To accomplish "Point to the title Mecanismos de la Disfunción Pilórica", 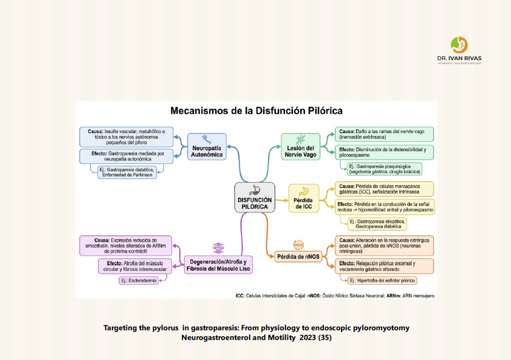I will (256, 111).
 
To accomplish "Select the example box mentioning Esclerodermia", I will (139, 280).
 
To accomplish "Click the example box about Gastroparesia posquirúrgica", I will (381, 168).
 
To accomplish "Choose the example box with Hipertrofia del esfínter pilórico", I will (380, 280).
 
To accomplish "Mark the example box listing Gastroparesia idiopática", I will (374, 223).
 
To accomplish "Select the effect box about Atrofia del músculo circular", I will (139, 266).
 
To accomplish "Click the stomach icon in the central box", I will (254, 189).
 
